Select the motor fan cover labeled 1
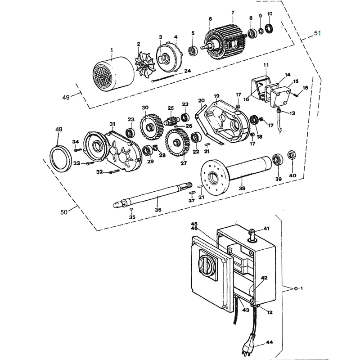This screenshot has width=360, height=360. click(113, 73)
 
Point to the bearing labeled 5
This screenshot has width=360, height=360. click(193, 51)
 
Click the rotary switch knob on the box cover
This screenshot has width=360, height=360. click(207, 265)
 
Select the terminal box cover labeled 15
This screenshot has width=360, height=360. click(280, 97)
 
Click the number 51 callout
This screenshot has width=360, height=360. click(317, 33)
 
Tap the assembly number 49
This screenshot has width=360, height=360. click(66, 98)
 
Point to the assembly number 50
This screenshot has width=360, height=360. click(64, 212)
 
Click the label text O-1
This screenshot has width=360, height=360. click(298, 288)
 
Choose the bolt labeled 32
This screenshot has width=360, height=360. click(114, 171)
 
